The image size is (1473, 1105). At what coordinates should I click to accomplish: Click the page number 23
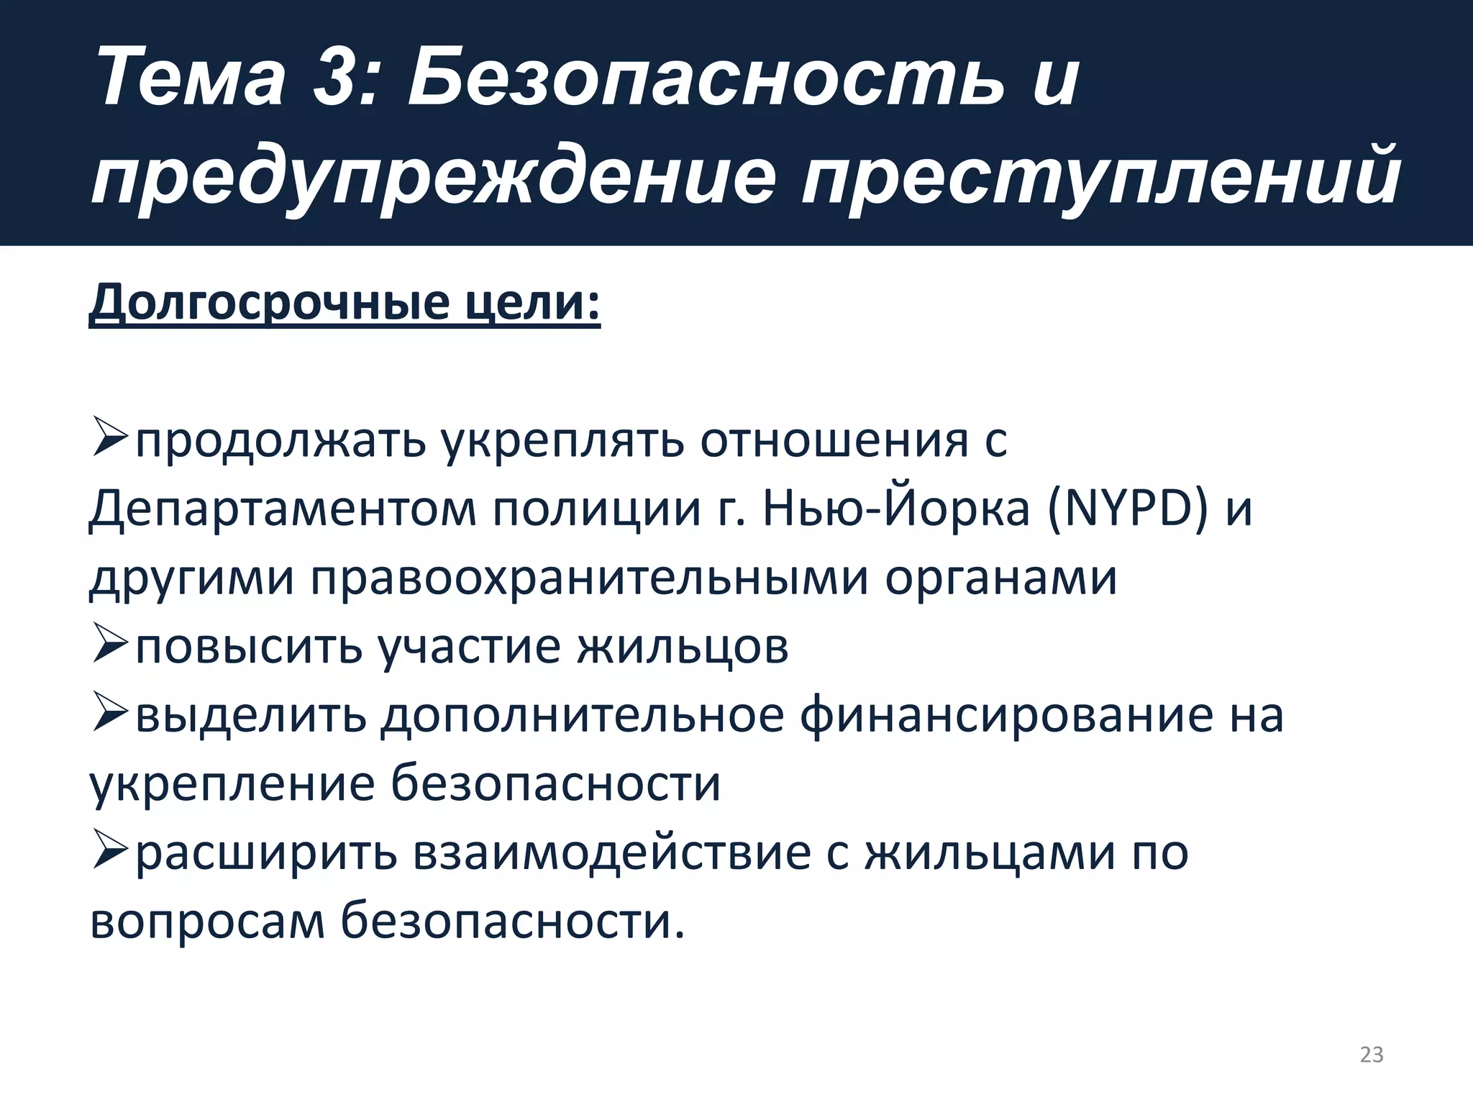click(1371, 1054)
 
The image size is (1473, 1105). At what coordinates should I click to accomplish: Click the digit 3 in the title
click(338, 77)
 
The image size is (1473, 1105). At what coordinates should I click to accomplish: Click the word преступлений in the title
click(1100, 176)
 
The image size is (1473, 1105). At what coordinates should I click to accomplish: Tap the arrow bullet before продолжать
click(110, 440)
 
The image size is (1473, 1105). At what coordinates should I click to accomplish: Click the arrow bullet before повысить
click(110, 647)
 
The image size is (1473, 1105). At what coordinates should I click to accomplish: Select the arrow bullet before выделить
click(110, 715)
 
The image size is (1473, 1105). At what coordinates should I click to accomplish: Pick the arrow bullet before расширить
click(110, 852)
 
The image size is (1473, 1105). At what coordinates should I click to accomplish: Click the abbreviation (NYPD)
click(1127, 509)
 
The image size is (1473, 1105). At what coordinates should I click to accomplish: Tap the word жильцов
click(682, 647)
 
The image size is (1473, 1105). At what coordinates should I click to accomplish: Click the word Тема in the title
click(191, 77)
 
